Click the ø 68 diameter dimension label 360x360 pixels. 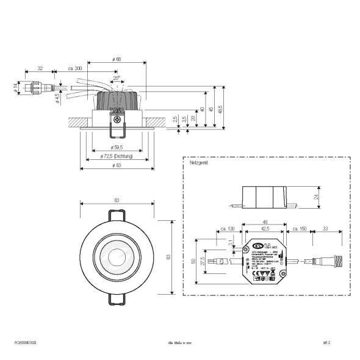(117, 59)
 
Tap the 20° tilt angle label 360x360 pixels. (116, 78)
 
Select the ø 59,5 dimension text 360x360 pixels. (117, 147)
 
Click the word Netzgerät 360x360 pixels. (199, 164)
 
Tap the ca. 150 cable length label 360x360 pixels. (298, 228)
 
